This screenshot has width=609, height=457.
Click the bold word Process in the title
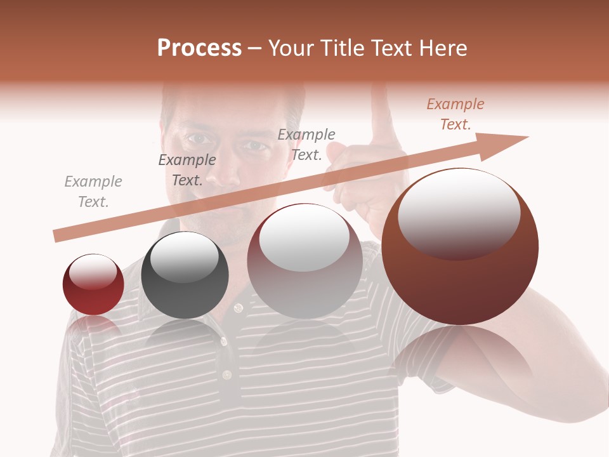pos(199,48)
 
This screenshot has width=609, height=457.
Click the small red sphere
pos(93,284)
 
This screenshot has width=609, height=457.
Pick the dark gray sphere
pos(185,275)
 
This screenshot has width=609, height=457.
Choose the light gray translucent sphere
pos(304,261)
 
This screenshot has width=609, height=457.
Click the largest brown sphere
pos(460,248)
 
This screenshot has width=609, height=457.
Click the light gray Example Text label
pos(93,192)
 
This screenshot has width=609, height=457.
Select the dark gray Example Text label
pos(187,170)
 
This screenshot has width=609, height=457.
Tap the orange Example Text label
pos(455,114)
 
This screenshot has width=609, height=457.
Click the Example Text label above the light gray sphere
pos(306,144)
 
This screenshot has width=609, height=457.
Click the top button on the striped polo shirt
pos(239,308)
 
